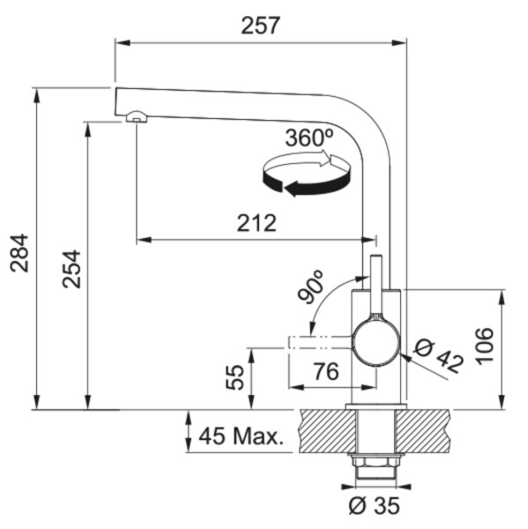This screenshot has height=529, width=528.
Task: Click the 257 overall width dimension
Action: tap(260, 26)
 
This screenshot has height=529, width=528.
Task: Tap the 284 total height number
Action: tap(19, 253)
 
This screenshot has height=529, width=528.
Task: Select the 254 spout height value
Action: tap(71, 269)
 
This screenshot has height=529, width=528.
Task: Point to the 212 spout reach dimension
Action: tap(257, 223)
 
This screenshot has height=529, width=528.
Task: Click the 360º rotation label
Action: tap(309, 138)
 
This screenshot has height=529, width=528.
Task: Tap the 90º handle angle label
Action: tap(311, 287)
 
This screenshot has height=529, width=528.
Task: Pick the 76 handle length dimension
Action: tap(326, 371)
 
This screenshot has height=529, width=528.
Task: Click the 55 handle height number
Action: tap(234, 377)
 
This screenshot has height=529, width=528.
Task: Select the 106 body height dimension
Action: tap(485, 346)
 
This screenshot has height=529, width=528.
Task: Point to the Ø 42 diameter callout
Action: tap(438, 356)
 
